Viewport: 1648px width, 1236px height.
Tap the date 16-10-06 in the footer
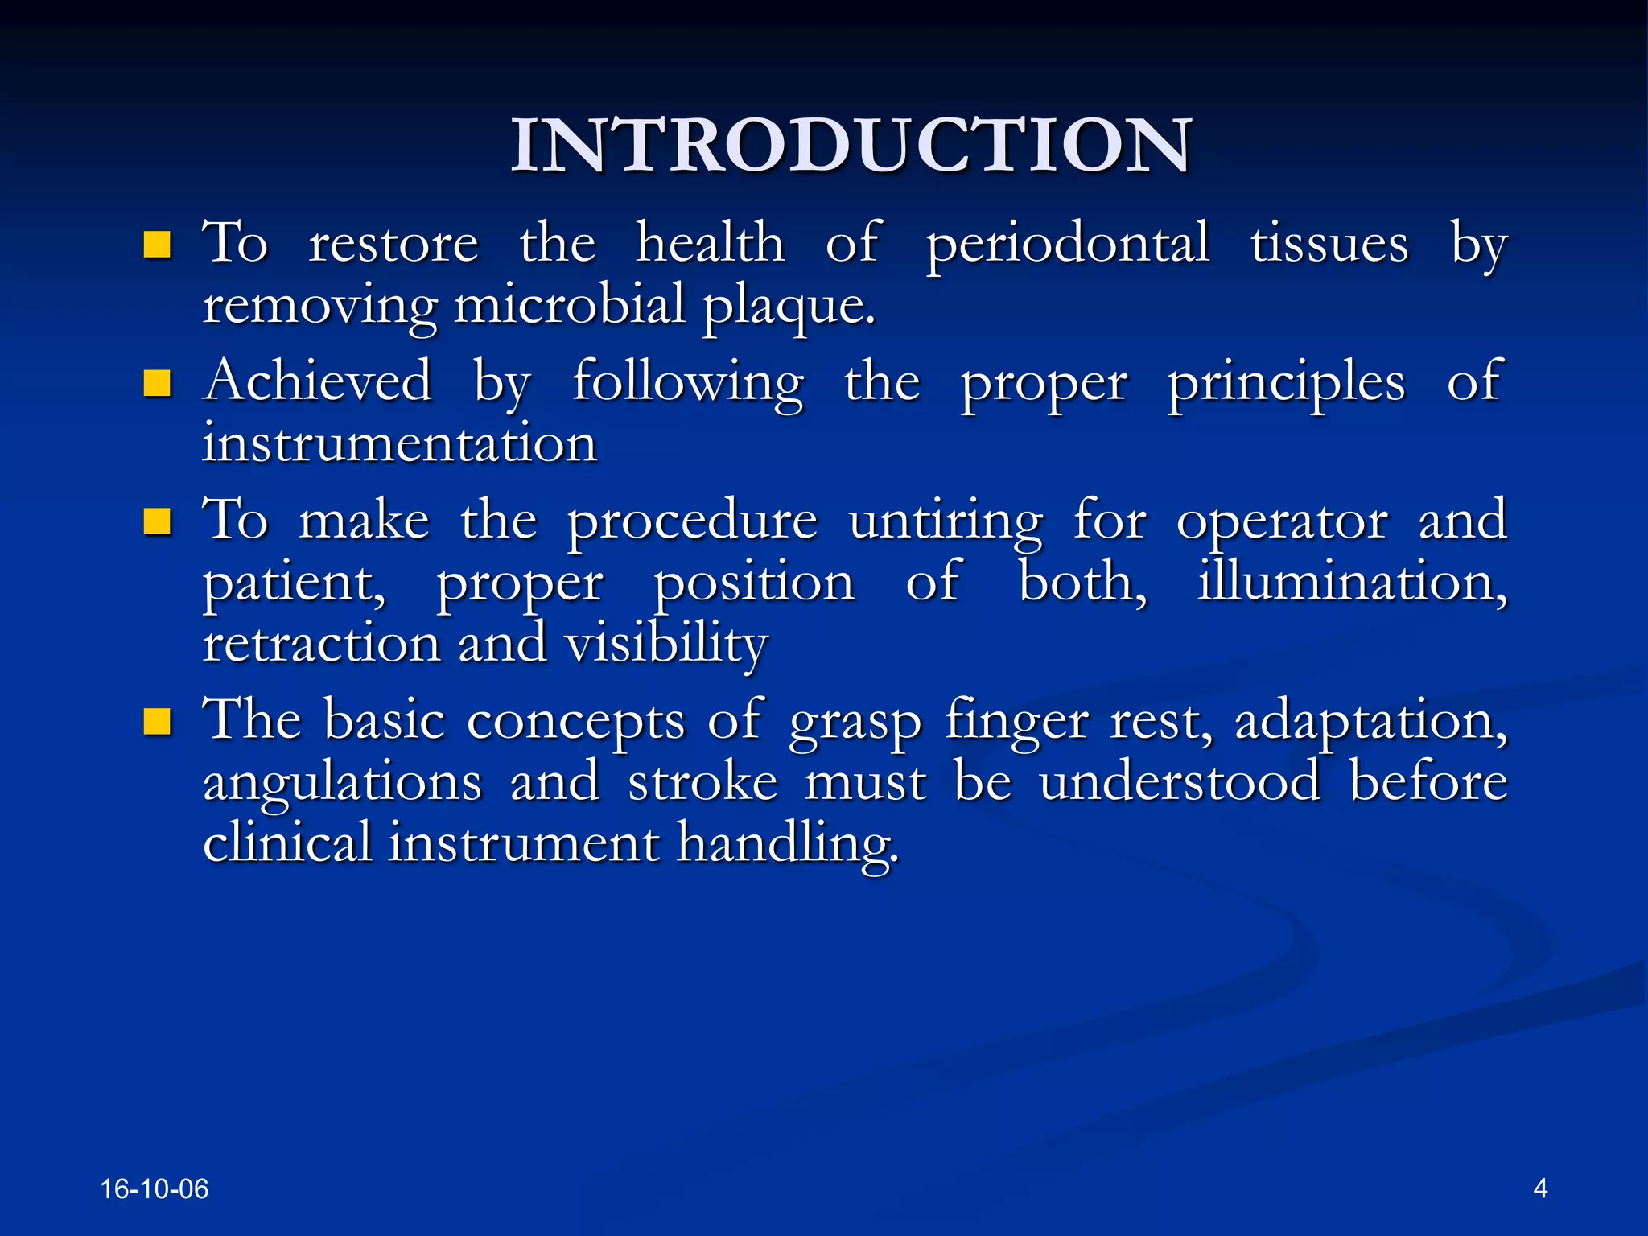(x=154, y=1189)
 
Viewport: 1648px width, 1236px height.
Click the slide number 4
(x=1540, y=1188)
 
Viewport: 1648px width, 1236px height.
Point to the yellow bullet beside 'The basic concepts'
(x=157, y=721)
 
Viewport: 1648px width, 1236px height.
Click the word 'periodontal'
(x=1067, y=245)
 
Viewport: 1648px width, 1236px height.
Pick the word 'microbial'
(x=568, y=306)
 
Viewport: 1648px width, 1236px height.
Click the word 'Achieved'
(x=318, y=381)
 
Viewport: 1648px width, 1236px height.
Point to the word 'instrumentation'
(x=400, y=444)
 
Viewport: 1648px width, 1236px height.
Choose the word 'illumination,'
(x=1352, y=582)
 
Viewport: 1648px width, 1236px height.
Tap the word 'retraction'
(x=321, y=645)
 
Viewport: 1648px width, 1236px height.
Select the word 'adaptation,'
(x=1371, y=721)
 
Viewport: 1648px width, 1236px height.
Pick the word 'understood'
(x=1180, y=782)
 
